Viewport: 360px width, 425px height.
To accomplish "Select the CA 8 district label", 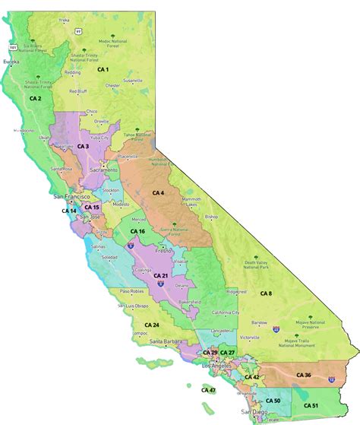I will click(x=265, y=293).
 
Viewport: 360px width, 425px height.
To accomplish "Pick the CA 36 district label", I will click(x=303, y=375).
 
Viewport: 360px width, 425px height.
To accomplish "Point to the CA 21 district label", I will click(x=160, y=274).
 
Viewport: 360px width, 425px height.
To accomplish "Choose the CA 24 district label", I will click(x=152, y=325).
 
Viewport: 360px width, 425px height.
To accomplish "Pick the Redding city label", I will click(x=73, y=73).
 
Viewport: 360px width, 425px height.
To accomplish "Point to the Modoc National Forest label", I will click(x=112, y=42).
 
